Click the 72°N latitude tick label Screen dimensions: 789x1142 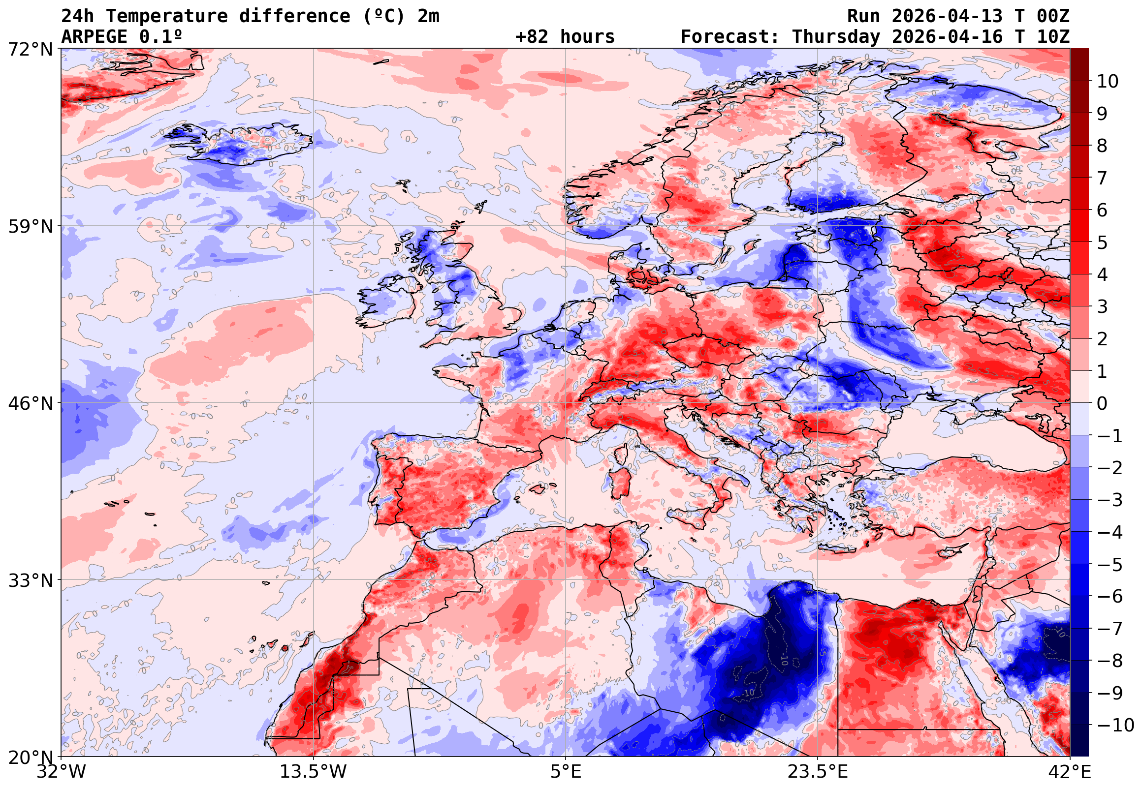(x=30, y=50)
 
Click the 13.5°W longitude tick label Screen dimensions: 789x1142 (x=313, y=772)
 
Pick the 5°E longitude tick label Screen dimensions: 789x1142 (x=565, y=772)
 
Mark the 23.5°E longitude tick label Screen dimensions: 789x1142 (x=818, y=772)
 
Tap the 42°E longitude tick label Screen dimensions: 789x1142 (x=1069, y=772)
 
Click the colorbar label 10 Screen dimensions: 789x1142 (x=1108, y=82)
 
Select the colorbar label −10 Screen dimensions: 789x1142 (x=1115, y=726)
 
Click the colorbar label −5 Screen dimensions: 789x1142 (x=1110, y=565)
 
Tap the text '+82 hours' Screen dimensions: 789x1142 (x=565, y=37)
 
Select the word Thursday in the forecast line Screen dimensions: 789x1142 (x=836, y=37)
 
